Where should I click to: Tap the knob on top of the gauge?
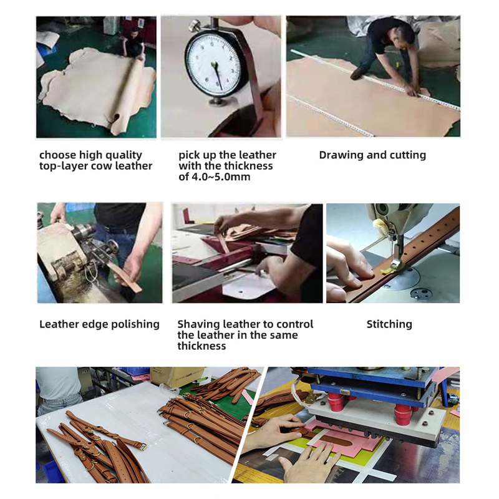194,26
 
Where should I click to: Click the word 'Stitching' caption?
389,324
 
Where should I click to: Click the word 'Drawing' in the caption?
341,155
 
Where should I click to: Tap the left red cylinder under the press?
336,401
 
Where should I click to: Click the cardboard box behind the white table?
177,377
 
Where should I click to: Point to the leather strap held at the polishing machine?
125,276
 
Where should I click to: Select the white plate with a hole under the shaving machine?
248,286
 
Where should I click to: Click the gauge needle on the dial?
217,75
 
